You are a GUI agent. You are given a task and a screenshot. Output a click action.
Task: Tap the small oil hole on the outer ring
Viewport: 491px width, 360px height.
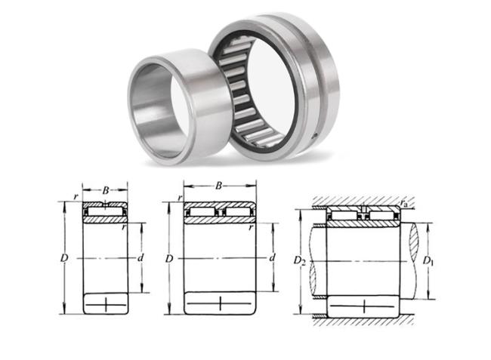(x=316, y=135)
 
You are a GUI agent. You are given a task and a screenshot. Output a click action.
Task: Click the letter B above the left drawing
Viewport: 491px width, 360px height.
(x=106, y=190)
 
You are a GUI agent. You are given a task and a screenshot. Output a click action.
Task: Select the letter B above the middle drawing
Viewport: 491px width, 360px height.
(x=218, y=186)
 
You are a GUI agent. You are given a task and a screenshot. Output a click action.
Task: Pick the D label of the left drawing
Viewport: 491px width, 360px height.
(x=64, y=258)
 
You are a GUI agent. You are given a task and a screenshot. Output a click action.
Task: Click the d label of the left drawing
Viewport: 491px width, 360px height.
(x=141, y=257)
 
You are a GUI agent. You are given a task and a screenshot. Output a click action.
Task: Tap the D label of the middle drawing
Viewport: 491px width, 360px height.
(x=169, y=259)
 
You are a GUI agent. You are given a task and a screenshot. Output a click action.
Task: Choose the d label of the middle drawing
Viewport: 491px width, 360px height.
(x=273, y=257)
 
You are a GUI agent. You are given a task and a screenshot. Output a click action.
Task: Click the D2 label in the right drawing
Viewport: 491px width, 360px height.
(x=299, y=260)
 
